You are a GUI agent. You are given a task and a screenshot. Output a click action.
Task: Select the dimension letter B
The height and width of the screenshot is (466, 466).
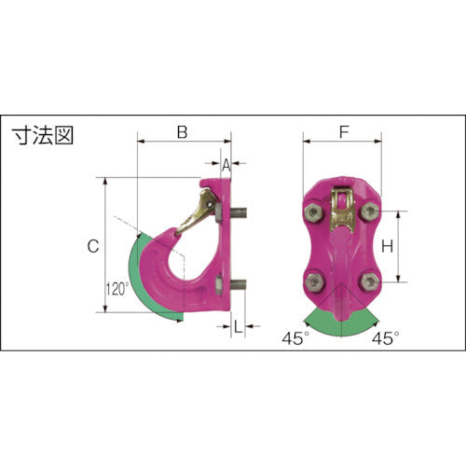tap(183, 132)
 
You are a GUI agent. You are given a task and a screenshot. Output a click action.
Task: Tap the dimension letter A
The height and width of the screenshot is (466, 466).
tap(225, 163)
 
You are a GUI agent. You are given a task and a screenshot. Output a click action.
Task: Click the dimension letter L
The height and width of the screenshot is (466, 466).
tap(239, 326)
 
